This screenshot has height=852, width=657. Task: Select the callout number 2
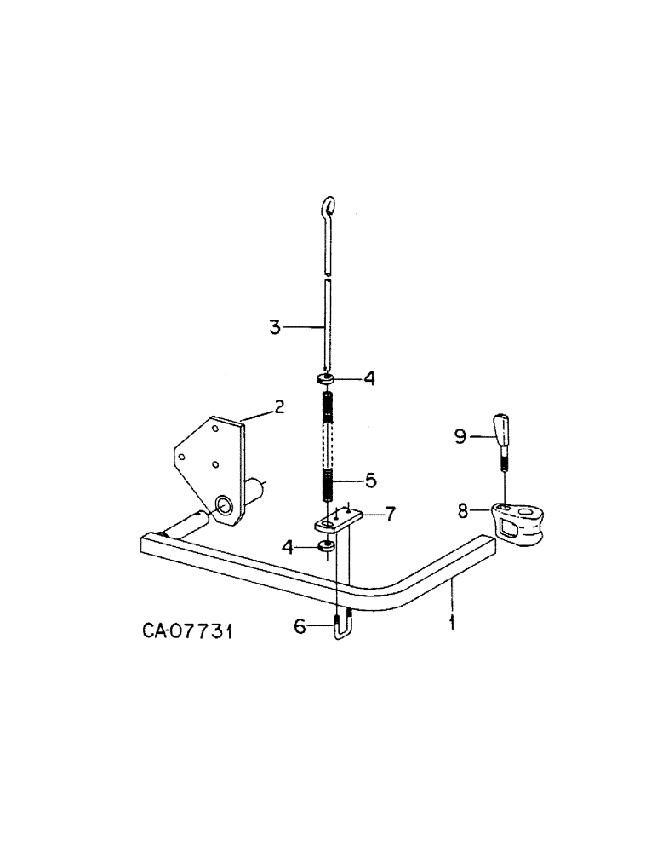pos(278,410)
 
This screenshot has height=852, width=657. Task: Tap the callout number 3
pos(275,327)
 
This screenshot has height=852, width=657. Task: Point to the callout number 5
pos(370,481)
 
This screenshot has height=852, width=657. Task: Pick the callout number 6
pos(300,627)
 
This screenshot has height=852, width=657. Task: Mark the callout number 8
pos(463,512)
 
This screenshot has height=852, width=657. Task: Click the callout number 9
pos(460,437)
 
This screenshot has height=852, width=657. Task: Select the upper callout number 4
pos(369,377)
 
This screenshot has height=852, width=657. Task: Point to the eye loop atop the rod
pos(328,207)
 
